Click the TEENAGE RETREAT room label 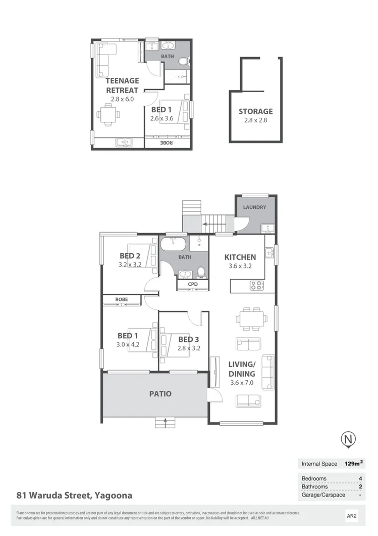[x=122, y=85]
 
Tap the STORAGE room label [x=255, y=111]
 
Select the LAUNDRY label [x=254, y=207]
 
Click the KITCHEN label [x=240, y=257]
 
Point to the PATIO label [x=160, y=394]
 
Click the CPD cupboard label [x=193, y=285]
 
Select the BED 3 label [x=189, y=339]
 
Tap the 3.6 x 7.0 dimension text [x=242, y=383]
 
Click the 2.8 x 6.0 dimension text [x=122, y=99]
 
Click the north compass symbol [x=347, y=439]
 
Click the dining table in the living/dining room [x=251, y=318]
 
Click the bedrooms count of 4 [x=360, y=478]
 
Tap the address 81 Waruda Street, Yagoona [x=74, y=496]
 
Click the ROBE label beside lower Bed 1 [x=121, y=299]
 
